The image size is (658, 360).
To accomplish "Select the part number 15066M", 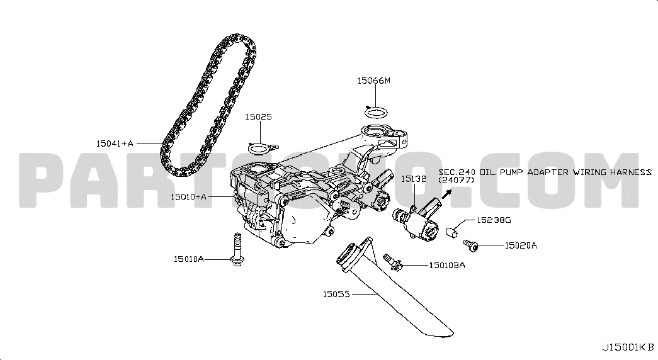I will pos(375,81).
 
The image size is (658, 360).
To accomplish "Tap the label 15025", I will pos(258,116).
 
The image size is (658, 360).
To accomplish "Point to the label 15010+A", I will pos(189,197).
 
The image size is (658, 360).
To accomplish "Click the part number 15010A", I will pos(189,259).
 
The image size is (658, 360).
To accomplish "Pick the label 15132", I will pos(414,179).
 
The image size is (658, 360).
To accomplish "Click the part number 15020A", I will pos(520,245).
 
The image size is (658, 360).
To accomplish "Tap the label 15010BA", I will pos(446,266).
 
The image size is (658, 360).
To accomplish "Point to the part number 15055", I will pos(337,293).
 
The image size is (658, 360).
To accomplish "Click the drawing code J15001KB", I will pos(627,347).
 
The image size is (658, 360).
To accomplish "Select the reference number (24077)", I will pos(457,180).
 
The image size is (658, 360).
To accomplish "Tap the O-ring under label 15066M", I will pos(377,113).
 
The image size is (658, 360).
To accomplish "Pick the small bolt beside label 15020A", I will pos(470,244).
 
